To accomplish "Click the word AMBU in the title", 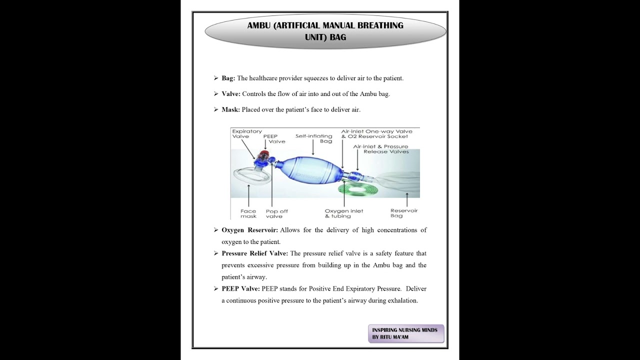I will [x=259, y=25].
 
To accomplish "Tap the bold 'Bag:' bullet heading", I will [x=228, y=78].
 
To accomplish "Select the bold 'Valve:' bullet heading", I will [x=231, y=93].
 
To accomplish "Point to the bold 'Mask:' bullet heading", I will [x=230, y=109].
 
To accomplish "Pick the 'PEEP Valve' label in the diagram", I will [x=274, y=138].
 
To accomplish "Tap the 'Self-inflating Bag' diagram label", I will [x=313, y=138].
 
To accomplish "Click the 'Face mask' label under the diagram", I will [x=248, y=213].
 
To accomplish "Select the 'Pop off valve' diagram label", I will [x=276, y=213].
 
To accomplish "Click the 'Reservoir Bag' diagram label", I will [x=404, y=213].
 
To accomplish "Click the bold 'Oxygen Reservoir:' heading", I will [x=249, y=230].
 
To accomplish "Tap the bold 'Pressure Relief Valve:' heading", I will [x=254, y=253].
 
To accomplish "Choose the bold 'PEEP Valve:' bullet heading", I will [x=240, y=288].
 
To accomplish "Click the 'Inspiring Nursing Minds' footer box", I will [x=405, y=334].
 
